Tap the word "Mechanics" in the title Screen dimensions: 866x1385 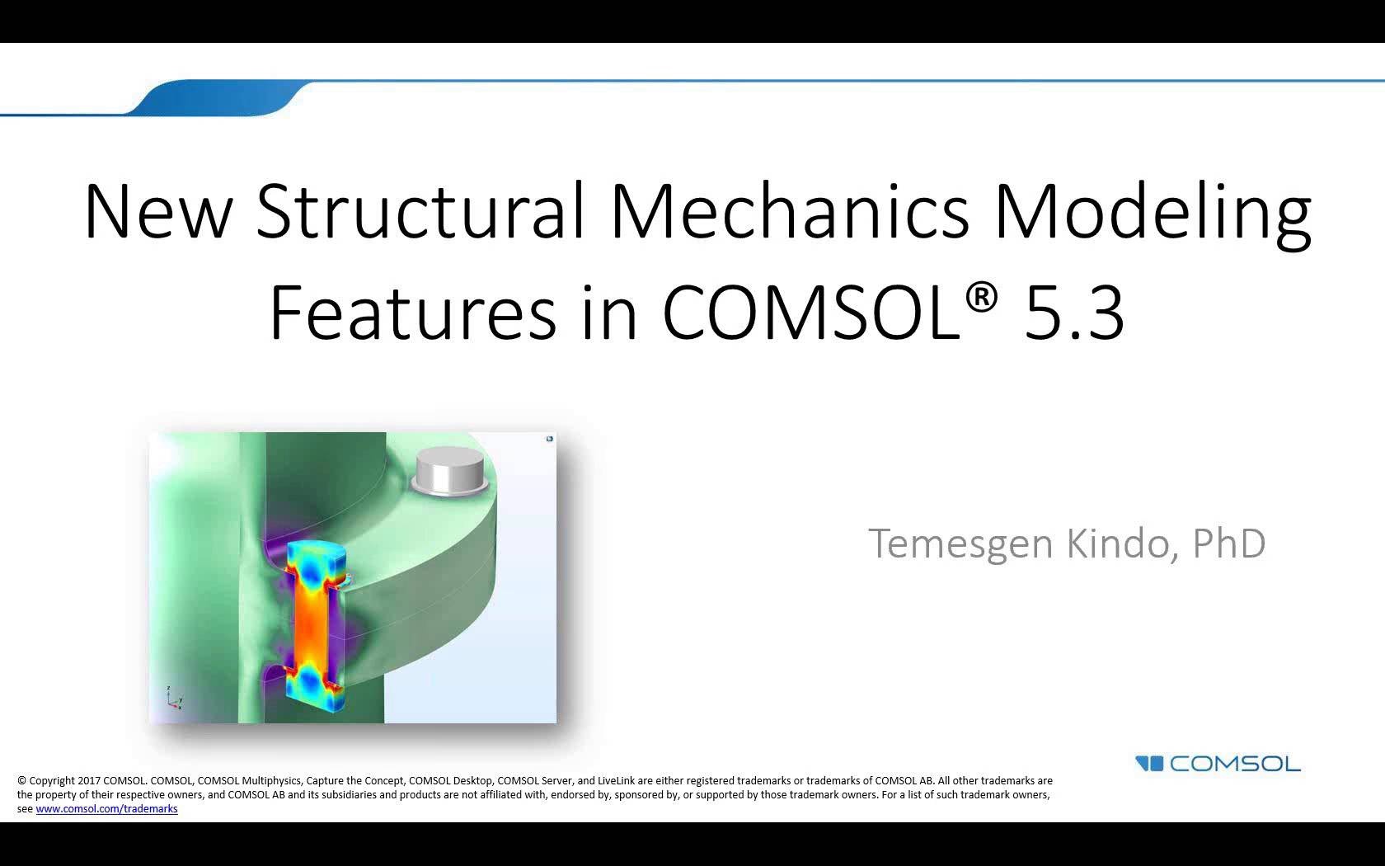tap(789, 211)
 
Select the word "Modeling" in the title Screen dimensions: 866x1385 tap(1152, 211)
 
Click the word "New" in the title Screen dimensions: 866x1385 tap(158, 211)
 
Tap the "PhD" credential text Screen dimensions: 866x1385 tap(1229, 544)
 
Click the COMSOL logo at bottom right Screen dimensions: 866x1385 tap(1218, 764)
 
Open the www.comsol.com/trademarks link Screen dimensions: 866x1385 tap(106, 809)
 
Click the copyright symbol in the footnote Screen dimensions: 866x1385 tap(21, 781)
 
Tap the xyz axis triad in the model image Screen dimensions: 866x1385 tap(173, 698)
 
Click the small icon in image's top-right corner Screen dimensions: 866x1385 tap(550, 439)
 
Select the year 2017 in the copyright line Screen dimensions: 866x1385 tap(88, 781)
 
